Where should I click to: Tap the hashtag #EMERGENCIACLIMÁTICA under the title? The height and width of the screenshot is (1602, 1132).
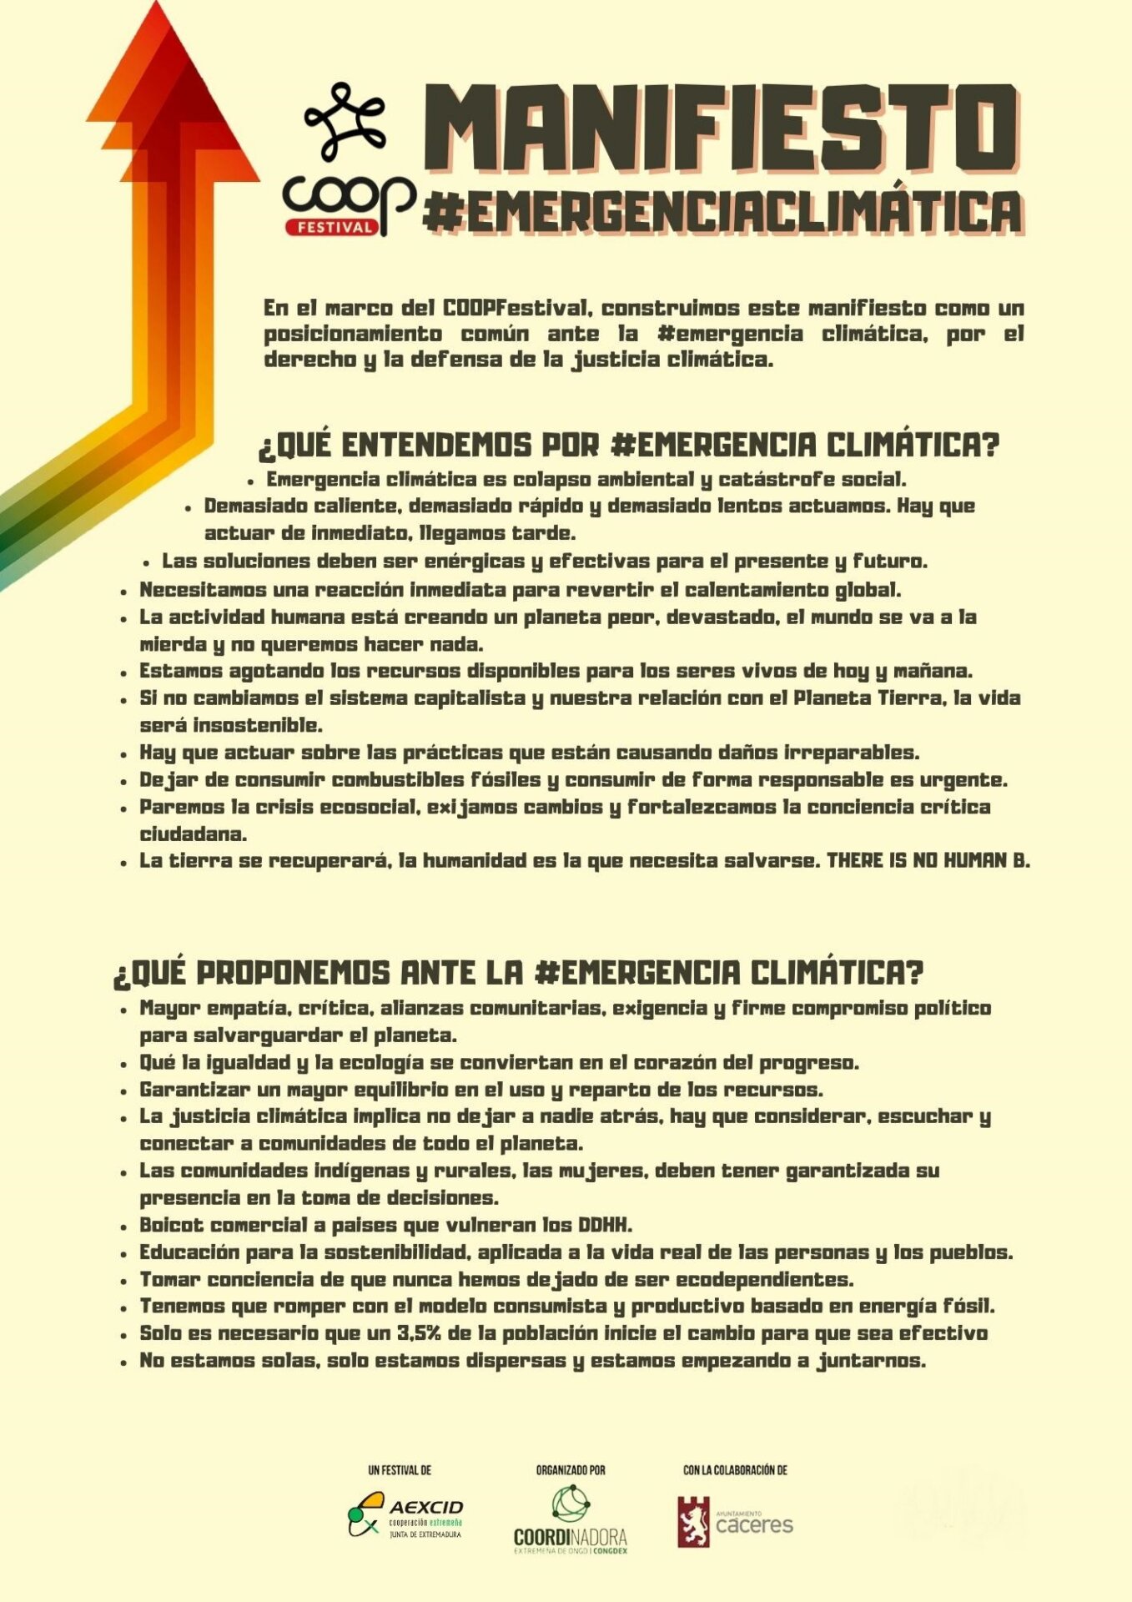tap(722, 212)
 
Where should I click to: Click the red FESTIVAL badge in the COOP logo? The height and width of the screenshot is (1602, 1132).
tap(331, 227)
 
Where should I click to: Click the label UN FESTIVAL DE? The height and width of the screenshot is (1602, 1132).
tap(400, 1470)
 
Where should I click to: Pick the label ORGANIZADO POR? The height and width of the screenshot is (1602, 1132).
tap(571, 1470)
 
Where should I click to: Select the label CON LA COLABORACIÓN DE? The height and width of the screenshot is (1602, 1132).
tap(735, 1470)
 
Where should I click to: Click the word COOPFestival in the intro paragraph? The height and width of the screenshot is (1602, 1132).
tap(517, 308)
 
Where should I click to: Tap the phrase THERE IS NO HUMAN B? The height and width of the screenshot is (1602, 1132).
tap(928, 860)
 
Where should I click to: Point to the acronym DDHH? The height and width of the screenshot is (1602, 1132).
tap(606, 1225)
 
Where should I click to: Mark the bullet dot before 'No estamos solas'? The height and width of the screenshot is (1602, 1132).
tap(123, 1362)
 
